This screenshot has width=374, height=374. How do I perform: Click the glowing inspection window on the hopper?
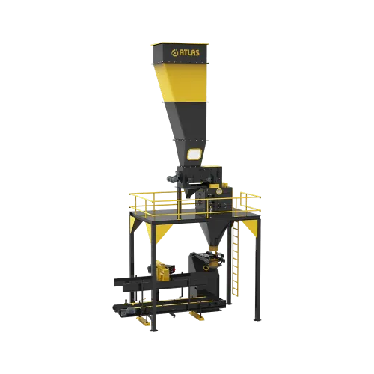(194, 154)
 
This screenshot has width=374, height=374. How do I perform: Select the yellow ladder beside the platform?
(235, 259)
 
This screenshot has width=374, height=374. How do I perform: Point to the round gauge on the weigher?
(219, 191)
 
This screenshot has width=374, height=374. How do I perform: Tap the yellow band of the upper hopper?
(183, 82)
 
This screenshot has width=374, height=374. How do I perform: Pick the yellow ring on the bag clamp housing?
(206, 268)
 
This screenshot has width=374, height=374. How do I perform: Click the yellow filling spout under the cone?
(213, 248)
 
